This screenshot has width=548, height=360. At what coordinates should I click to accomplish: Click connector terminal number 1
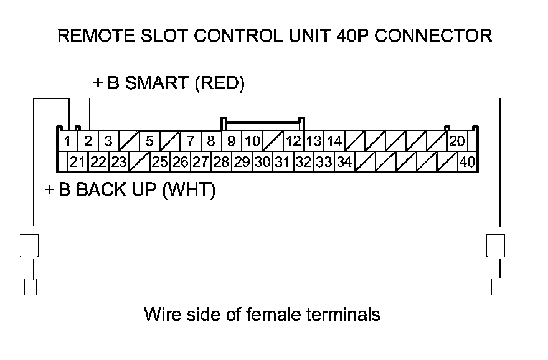(67, 141)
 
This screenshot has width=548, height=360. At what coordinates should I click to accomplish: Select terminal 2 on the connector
(88, 141)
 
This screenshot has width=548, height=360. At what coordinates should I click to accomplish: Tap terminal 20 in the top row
(457, 141)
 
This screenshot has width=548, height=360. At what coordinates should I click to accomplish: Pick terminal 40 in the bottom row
(467, 163)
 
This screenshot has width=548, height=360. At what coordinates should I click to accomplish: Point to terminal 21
(77, 163)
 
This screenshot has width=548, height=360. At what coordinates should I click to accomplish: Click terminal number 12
(293, 141)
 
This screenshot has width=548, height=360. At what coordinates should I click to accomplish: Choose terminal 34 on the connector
(344, 163)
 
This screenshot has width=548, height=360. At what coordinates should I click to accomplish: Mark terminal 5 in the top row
(149, 141)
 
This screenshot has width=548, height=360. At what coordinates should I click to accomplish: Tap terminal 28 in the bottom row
(221, 163)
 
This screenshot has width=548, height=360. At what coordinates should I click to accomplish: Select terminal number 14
(334, 141)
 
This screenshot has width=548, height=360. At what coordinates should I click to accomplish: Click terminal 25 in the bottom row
(160, 163)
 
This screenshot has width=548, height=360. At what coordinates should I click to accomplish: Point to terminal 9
(231, 141)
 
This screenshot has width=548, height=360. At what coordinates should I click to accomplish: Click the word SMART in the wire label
(158, 84)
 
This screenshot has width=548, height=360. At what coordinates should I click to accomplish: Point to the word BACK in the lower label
(100, 190)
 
